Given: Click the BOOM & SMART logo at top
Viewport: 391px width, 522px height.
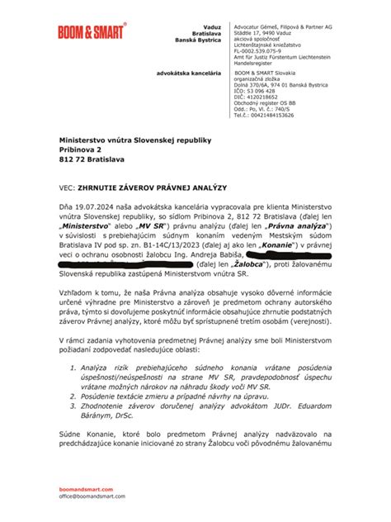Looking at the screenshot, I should (x=92, y=32).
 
